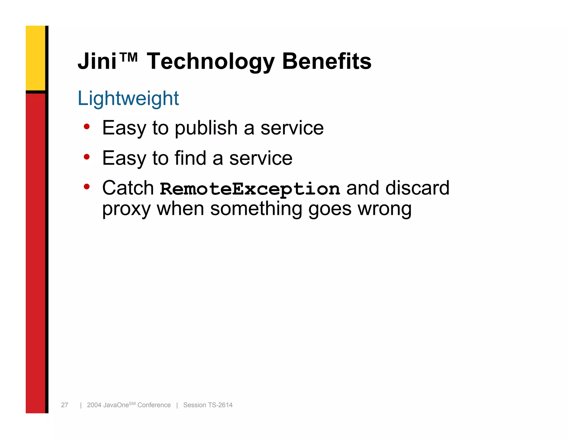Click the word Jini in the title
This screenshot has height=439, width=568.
[x=97, y=61]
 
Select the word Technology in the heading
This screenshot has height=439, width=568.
[x=211, y=62]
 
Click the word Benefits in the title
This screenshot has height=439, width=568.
[x=326, y=61]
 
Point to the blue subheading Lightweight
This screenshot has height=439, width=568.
[x=128, y=99]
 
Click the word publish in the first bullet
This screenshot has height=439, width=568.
[x=206, y=128]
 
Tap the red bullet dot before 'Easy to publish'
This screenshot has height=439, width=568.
[x=87, y=127]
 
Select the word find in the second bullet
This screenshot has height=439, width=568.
[x=190, y=158]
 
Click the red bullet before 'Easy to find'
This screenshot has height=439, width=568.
[x=87, y=157]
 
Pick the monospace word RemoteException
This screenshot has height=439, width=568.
[x=250, y=189]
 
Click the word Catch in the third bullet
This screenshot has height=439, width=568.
[x=128, y=188]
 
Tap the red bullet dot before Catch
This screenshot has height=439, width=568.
[x=87, y=187]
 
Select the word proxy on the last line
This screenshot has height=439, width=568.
[x=126, y=209]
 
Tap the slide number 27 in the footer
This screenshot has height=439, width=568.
[x=65, y=405]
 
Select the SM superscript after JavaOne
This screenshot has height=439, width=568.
[x=132, y=403]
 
